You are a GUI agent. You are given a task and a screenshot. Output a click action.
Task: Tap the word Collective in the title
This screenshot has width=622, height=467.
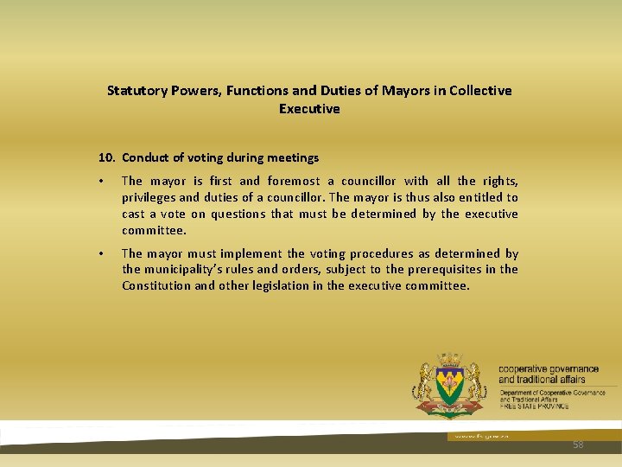[x=479, y=90]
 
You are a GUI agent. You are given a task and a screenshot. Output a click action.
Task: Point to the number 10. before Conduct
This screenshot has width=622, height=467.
[x=107, y=157]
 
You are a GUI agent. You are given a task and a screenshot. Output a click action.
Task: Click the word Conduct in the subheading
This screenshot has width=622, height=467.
[x=147, y=157]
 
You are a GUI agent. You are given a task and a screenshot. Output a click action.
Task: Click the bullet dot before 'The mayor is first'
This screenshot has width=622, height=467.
[x=101, y=182]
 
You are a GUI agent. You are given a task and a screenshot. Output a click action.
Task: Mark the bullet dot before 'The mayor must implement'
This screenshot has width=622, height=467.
[x=101, y=254]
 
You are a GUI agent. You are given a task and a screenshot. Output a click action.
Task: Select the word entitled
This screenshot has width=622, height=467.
[x=472, y=197]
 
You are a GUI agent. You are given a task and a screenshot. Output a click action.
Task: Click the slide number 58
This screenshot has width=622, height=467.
[x=578, y=445]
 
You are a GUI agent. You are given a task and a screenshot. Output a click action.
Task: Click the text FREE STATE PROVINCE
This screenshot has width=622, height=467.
[x=534, y=406]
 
